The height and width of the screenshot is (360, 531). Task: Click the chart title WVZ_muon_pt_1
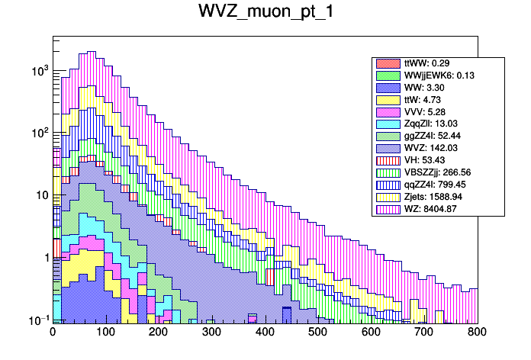click(x=265, y=13)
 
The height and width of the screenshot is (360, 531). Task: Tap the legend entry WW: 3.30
click(x=417, y=88)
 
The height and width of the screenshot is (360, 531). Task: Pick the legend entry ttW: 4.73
click(x=417, y=100)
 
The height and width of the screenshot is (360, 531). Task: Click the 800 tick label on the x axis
click(x=477, y=333)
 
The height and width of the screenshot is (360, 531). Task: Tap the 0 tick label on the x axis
click(x=53, y=333)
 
